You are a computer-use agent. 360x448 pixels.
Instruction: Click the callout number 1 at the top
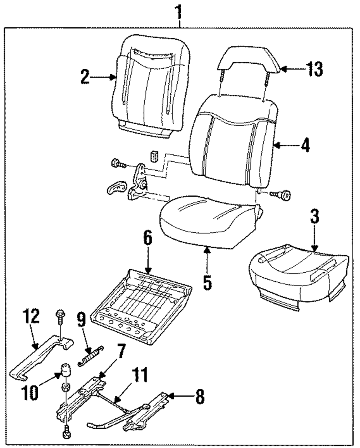point(178,12)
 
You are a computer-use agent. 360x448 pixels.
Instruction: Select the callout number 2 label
point(85,77)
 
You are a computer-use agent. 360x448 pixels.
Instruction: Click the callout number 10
point(31,393)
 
